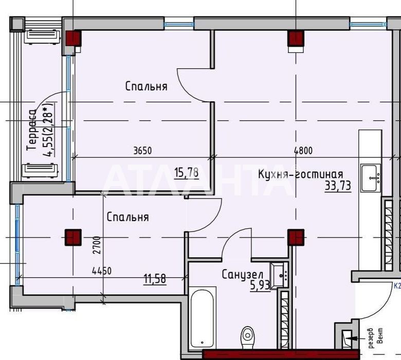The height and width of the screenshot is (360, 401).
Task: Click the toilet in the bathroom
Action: pos(248,337)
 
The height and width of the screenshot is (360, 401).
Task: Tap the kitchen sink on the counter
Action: pos(370,178)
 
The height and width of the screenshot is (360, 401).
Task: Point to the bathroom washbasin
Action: pos(280,276)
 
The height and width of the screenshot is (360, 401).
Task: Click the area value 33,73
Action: pos(338,186)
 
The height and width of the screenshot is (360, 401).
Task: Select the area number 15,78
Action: pos(187,173)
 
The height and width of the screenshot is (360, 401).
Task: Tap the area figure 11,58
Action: pos(155,279)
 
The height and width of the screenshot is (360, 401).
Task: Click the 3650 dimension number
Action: pos(143,151)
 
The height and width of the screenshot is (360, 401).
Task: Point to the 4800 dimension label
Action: pos(303,151)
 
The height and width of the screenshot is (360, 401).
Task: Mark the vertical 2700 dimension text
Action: pos(98,245)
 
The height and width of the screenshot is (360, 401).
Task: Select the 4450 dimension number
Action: pos(102,271)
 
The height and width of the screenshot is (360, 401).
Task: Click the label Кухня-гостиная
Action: pos(301,174)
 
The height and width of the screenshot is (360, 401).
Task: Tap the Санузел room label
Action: pos(242,275)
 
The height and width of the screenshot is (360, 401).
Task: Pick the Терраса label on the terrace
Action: pos(32,130)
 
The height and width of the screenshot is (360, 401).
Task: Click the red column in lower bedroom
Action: pos(73,238)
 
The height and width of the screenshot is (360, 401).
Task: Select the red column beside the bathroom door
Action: pos(296,237)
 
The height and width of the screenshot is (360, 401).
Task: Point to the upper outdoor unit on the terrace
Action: pos(43,37)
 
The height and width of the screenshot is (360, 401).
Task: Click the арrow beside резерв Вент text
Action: pos(356,338)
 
